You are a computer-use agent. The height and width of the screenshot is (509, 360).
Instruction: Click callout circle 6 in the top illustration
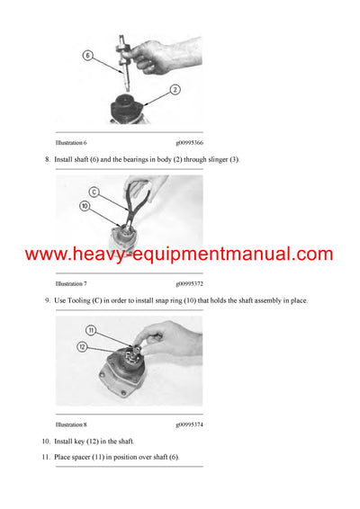88,55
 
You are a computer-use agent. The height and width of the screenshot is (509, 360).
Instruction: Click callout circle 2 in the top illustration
176,89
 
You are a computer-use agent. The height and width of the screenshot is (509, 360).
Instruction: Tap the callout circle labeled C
93,192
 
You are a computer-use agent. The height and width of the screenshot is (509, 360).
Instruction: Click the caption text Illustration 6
71,142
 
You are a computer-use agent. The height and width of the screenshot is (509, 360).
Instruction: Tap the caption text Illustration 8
71,424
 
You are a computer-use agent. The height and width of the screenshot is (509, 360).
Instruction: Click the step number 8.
47,159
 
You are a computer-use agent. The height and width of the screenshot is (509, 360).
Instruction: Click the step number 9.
47,299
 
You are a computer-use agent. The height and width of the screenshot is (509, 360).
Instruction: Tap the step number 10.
46,442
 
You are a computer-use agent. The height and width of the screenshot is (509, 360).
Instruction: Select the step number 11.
46,457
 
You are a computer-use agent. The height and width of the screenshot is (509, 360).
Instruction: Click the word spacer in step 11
85,457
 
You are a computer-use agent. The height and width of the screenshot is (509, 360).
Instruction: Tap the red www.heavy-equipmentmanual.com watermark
180,254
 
